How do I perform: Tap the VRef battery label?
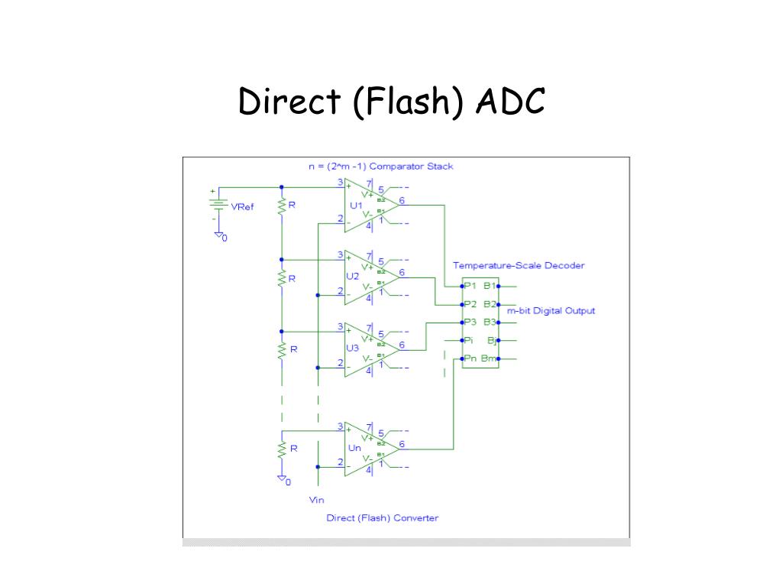pyautogui.click(x=242, y=207)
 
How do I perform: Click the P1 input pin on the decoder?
pyautogui.click(x=469, y=286)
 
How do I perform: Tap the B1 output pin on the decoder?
pyautogui.click(x=490, y=286)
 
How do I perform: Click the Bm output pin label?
pyautogui.click(x=489, y=359)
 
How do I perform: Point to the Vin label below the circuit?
pyautogui.click(x=317, y=500)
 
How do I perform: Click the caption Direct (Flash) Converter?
pyautogui.click(x=383, y=518)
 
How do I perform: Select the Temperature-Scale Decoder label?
pyautogui.click(x=519, y=266)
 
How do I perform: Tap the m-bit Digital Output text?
pyautogui.click(x=551, y=311)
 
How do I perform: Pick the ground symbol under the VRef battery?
pyautogui.click(x=218, y=235)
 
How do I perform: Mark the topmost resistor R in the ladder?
pyautogui.click(x=282, y=206)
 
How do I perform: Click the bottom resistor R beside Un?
pyautogui.click(x=282, y=449)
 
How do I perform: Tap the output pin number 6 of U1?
pyautogui.click(x=402, y=201)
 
